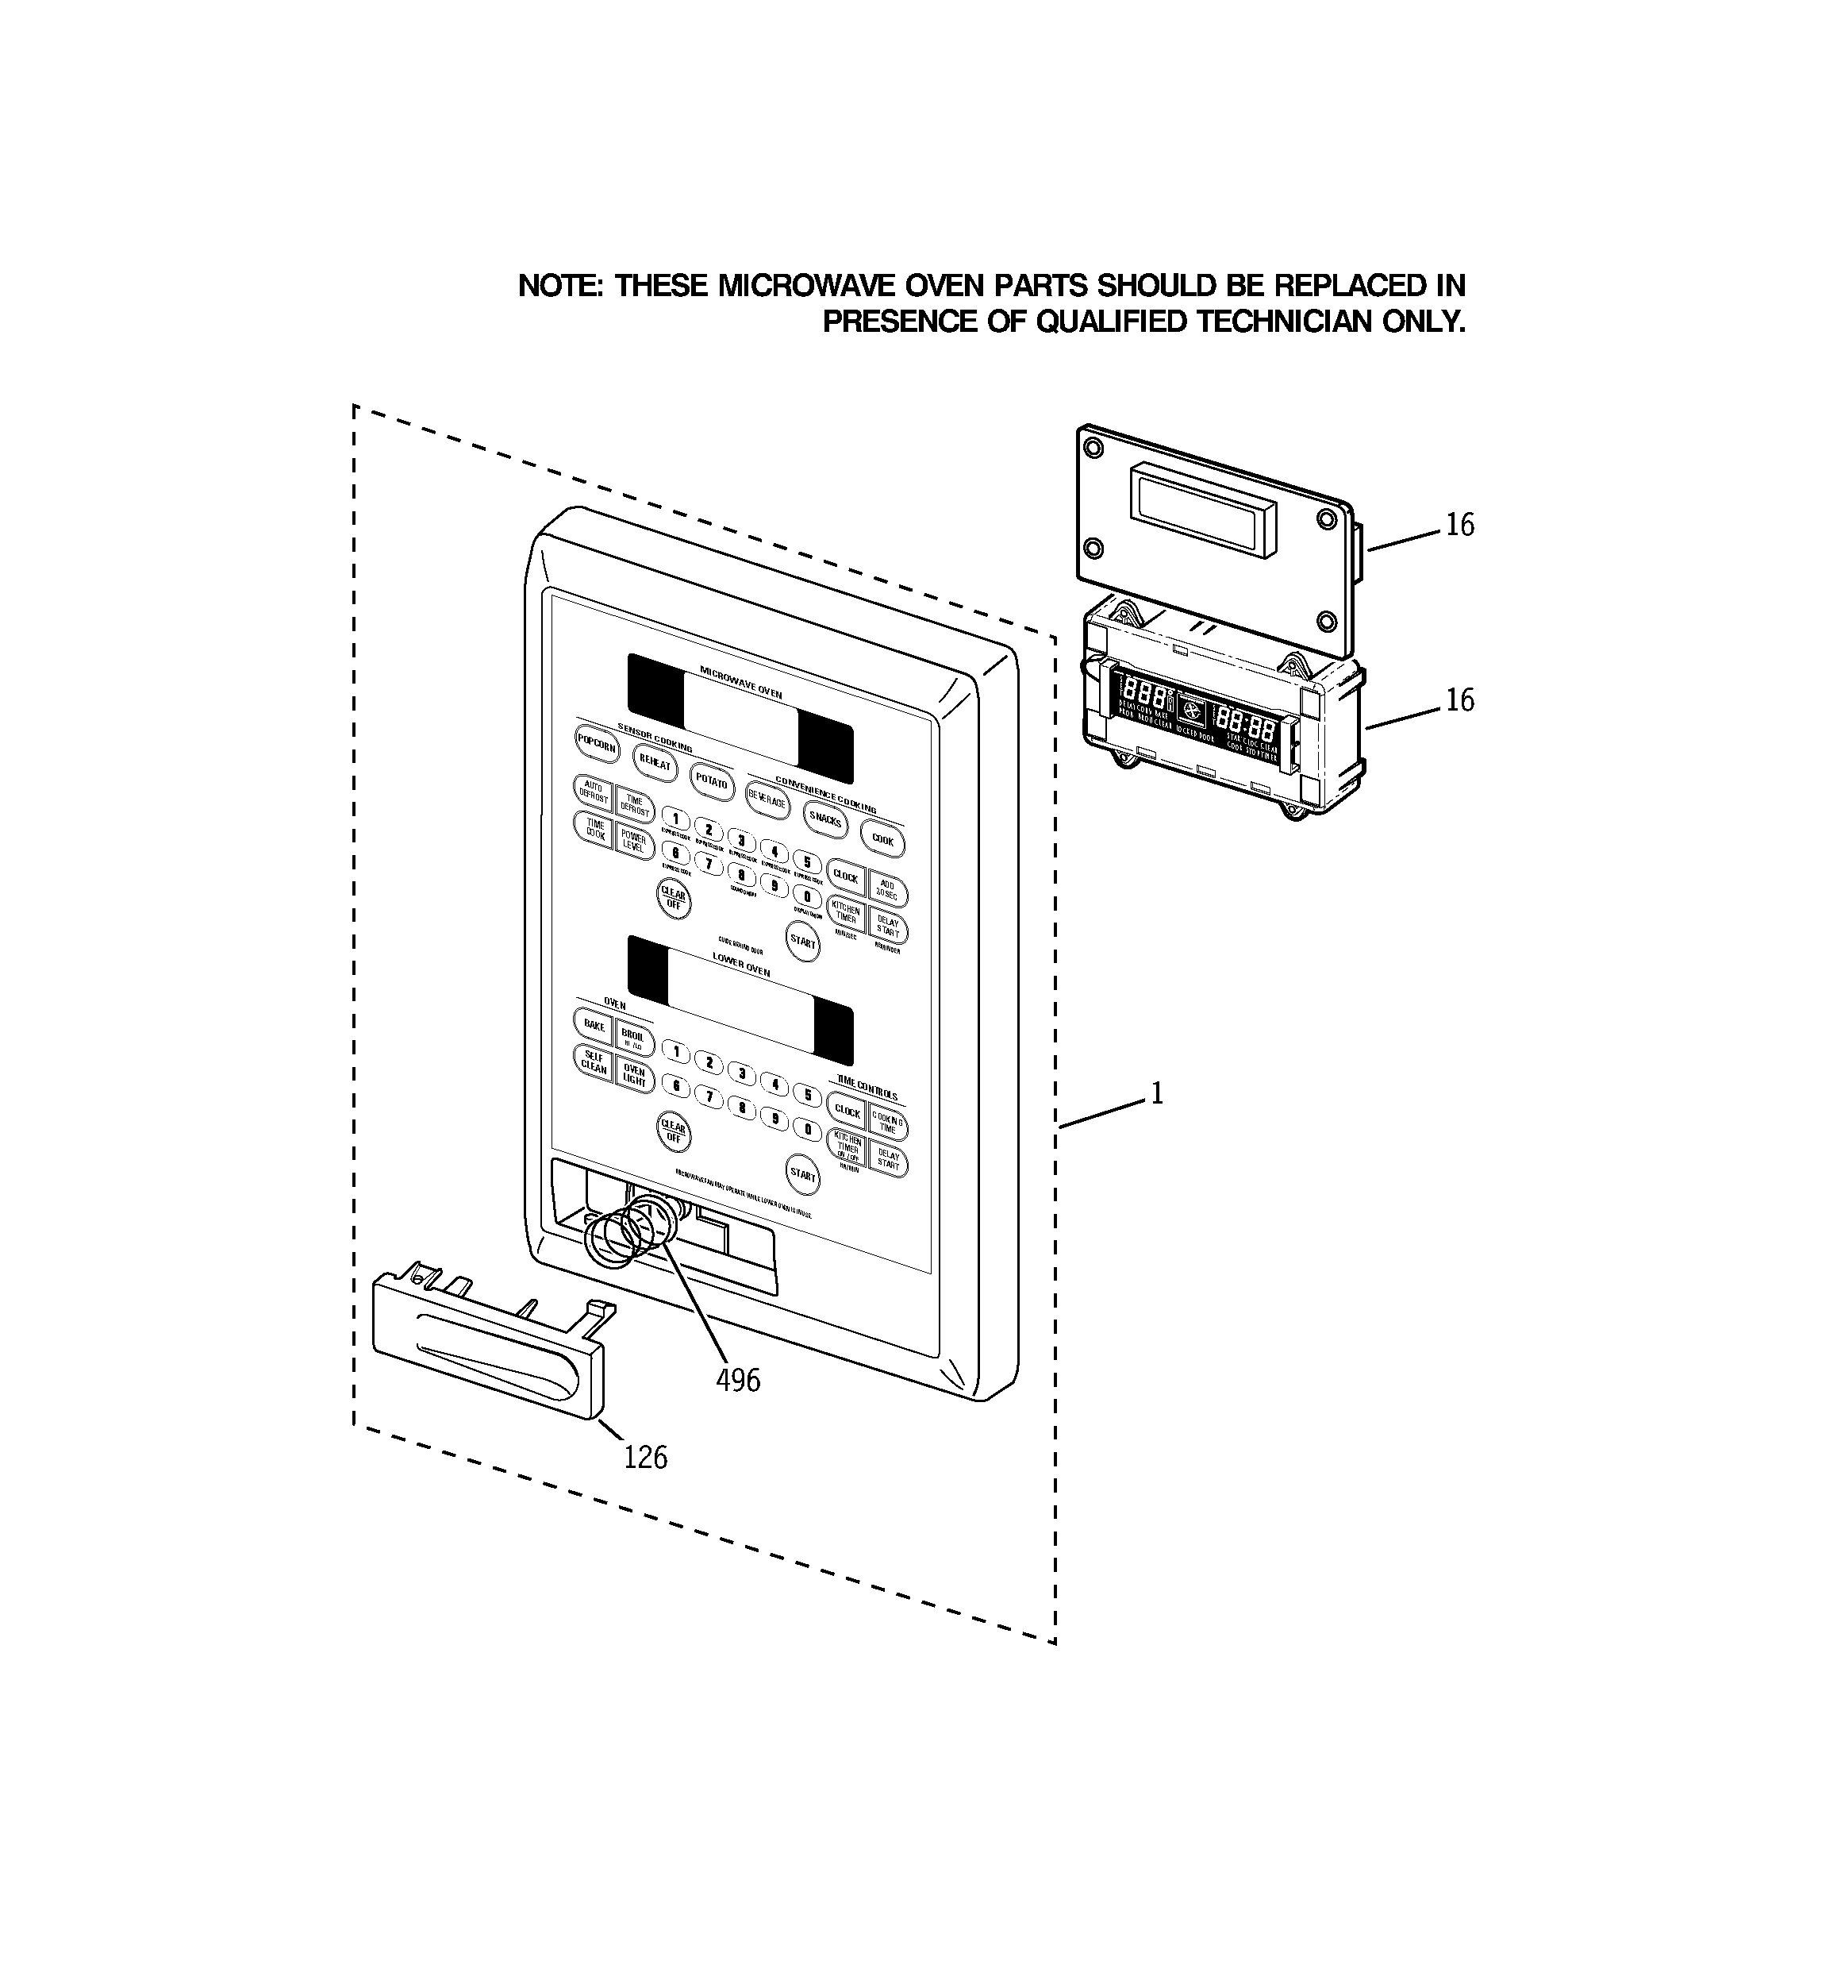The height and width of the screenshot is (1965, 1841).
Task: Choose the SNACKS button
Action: coord(825,819)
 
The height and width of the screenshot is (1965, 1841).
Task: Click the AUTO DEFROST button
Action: coord(593,792)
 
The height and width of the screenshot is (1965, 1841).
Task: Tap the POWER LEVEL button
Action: coord(633,841)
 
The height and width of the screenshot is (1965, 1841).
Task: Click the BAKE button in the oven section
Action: coord(593,1026)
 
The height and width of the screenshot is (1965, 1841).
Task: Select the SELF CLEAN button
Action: coord(593,1062)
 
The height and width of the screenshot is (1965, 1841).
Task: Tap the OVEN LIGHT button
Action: coord(633,1076)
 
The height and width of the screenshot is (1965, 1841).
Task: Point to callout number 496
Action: coord(738,1380)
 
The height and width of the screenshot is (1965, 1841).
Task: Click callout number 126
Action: coord(645,1457)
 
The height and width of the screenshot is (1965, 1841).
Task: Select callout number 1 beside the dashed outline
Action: coord(1156,1093)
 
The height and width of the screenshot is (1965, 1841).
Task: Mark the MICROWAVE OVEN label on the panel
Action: coord(740,682)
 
